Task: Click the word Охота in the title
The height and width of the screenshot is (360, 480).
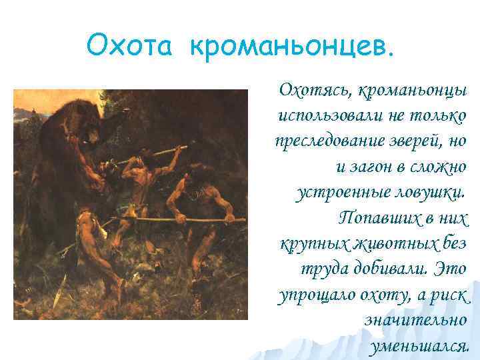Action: (132, 46)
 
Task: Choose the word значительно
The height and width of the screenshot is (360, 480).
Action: (415, 320)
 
